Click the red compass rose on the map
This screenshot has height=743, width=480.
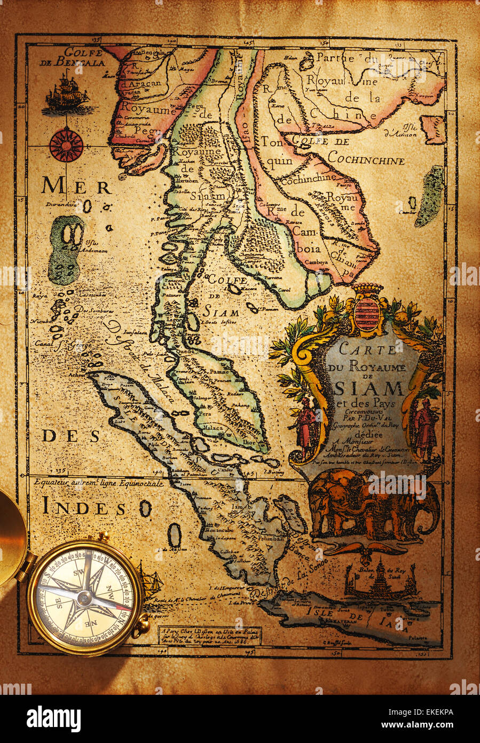[66, 145]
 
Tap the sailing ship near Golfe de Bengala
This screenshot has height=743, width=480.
[66, 94]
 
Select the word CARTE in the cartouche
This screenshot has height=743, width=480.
[361, 350]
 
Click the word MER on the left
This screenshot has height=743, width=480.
[76, 186]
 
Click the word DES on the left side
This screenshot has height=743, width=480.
[72, 436]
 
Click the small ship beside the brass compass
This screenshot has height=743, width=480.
[149, 579]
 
